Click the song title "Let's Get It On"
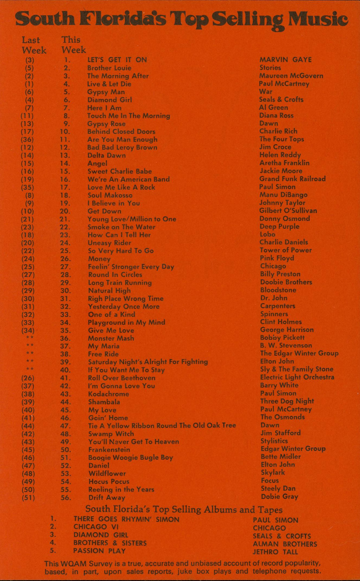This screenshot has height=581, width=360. point(117,60)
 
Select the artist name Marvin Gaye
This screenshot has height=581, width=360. point(285,60)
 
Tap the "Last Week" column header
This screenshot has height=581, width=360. point(33,45)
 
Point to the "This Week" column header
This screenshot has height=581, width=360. point(73,45)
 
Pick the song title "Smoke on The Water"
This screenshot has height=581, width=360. point(121,227)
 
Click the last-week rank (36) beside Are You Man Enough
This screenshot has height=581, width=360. point(28,140)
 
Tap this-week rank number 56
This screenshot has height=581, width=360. point(66,497)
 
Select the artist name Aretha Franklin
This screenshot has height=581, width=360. point(284,163)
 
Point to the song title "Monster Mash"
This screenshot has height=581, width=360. point(111,338)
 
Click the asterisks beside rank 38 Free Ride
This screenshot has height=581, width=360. point(30,353)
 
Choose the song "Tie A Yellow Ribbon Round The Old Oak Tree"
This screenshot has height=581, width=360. point(162,426)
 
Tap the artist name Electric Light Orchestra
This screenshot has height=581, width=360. point(297,377)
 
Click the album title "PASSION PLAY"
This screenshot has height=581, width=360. point(99,551)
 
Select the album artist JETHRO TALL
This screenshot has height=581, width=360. point(275,552)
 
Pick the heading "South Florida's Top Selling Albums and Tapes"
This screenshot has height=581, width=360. point(184,509)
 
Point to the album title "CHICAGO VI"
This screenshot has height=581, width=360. point(96,527)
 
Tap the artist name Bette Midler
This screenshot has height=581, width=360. point(280,457)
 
